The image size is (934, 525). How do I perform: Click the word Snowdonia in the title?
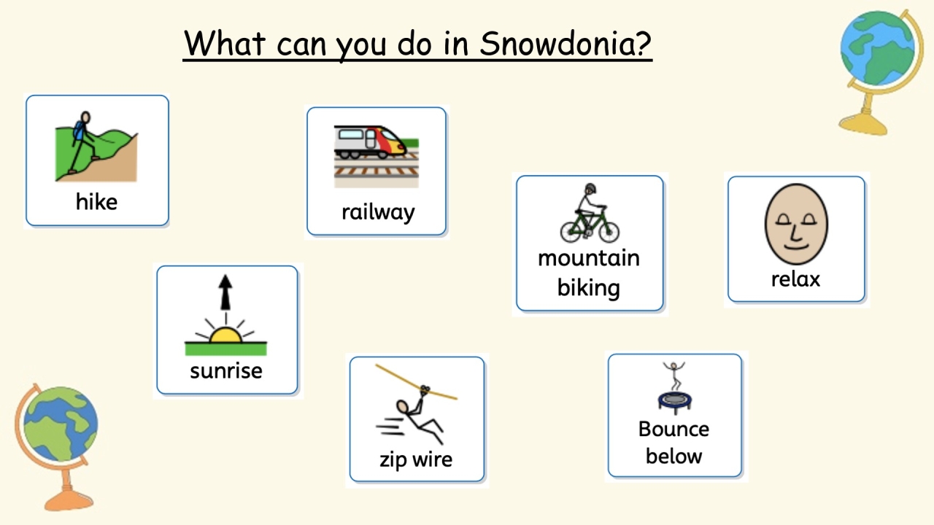click(x=565, y=44)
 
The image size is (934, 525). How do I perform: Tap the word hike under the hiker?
click(x=96, y=202)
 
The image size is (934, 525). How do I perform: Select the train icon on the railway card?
click(x=370, y=141)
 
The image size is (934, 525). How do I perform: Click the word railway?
click(x=377, y=212)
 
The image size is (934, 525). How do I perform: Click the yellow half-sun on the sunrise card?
click(x=225, y=335)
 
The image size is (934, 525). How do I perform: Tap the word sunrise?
click(x=225, y=370)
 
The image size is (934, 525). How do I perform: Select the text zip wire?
click(x=416, y=459)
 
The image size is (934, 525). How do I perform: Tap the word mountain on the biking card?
click(x=588, y=258)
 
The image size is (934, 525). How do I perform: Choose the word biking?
click(x=588, y=287)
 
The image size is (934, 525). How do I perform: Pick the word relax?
click(x=795, y=279)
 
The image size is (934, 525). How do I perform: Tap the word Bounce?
click(x=673, y=429)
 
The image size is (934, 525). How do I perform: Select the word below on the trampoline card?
click(x=673, y=456)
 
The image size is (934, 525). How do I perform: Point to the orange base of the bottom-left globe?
click(x=69, y=499)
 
